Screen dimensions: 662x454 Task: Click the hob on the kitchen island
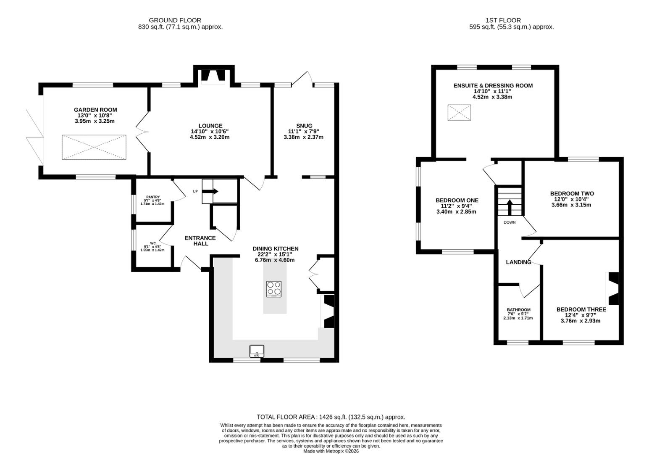(274, 289)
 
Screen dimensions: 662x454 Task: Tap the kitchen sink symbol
(257, 351)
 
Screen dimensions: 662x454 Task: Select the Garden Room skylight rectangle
(94, 147)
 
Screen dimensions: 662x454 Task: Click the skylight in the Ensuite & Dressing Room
(459, 112)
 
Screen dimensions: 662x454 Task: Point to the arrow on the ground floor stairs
(210, 191)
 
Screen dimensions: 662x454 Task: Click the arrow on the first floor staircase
(510, 207)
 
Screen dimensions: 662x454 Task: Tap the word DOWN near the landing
(510, 222)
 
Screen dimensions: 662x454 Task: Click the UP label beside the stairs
(195, 191)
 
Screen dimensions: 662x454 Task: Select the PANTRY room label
(153, 197)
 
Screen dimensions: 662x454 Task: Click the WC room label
(153, 243)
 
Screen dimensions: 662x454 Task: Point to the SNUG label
(304, 126)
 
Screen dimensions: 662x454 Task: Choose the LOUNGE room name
(210, 126)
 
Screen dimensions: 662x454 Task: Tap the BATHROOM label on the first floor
(518, 310)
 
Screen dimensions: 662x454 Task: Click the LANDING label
(518, 262)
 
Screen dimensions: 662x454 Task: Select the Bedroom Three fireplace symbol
(612, 288)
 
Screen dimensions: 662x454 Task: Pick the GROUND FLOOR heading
(175, 21)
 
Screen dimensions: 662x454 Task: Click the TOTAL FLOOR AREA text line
(331, 417)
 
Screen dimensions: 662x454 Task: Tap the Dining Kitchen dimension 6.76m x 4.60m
(275, 260)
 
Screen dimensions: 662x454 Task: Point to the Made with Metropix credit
(331, 451)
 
